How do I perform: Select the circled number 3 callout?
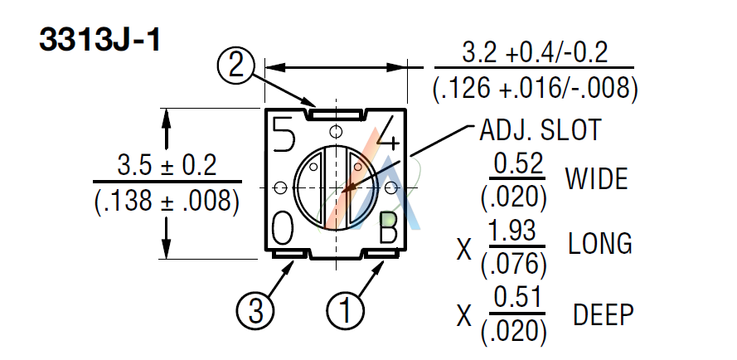coord(255,312)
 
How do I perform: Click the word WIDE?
coord(596,178)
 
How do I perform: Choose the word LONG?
coord(600,244)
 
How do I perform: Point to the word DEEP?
coord(603,314)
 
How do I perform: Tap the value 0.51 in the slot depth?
coord(517,298)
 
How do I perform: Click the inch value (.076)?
coord(514,264)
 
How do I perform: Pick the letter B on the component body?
coord(388,228)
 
